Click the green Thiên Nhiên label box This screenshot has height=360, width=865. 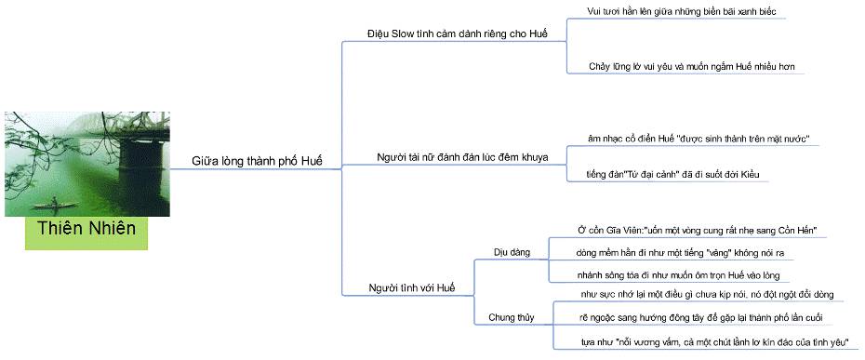[86, 229]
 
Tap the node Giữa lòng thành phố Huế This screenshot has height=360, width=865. [257, 161]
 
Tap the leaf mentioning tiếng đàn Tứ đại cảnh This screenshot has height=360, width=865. [677, 174]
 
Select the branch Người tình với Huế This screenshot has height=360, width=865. [407, 287]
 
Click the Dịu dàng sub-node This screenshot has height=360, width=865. [511, 251]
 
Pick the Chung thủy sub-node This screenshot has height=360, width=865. [512, 317]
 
